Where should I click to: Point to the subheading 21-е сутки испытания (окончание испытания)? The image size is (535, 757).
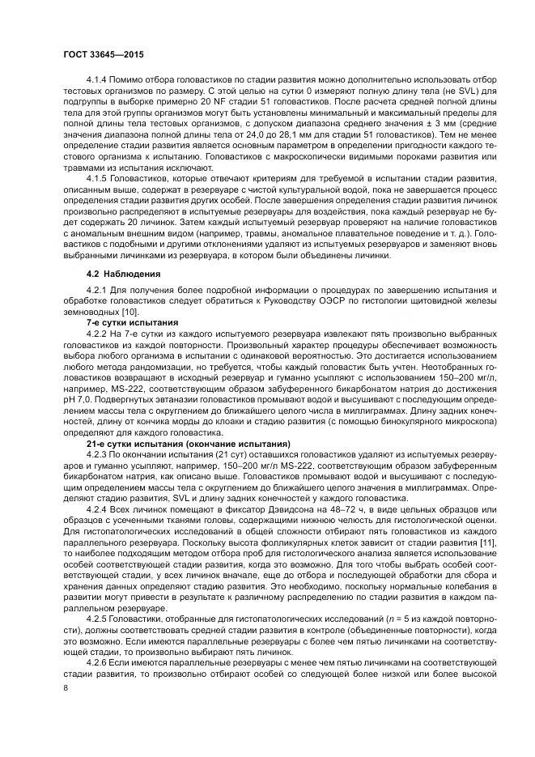pyautogui.click(x=188, y=444)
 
